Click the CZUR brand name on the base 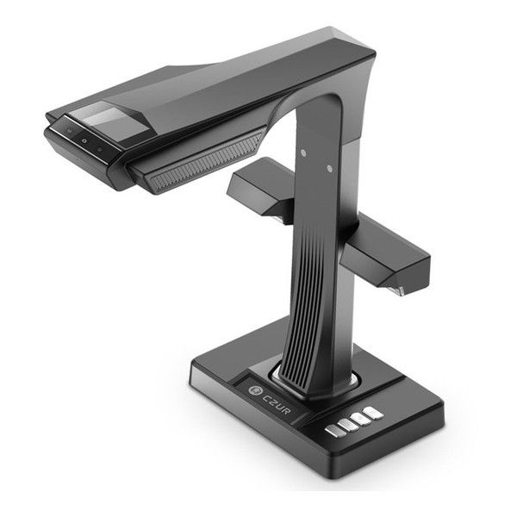tap(277, 403)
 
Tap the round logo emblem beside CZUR tap(255, 390)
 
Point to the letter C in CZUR tap(266, 397)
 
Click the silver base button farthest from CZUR tap(373, 413)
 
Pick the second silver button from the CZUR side tap(348, 426)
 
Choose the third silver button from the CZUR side tap(361, 419)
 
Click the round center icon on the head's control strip tap(84, 140)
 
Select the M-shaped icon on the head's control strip tap(70, 131)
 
